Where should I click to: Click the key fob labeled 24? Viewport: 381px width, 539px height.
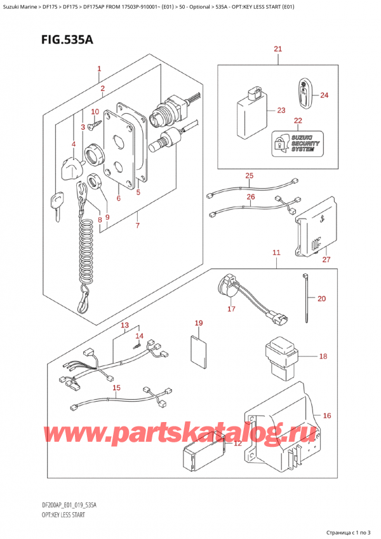click(304, 95)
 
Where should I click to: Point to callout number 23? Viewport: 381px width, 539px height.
click(282, 110)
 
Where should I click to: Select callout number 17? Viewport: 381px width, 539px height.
click(231, 310)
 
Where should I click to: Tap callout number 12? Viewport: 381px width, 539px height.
click(237, 443)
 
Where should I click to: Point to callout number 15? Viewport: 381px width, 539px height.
click(116, 388)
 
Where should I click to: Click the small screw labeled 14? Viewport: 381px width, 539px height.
click(135, 345)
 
